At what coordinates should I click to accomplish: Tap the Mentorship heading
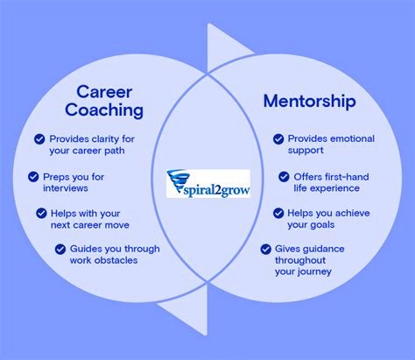pyautogui.click(x=309, y=101)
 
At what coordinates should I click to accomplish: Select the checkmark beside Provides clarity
pyautogui.click(x=39, y=138)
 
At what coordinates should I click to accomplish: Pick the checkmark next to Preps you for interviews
pyautogui.click(x=32, y=177)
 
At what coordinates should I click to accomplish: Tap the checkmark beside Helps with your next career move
pyautogui.click(x=41, y=213)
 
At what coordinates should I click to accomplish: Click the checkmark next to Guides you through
pyautogui.click(x=60, y=249)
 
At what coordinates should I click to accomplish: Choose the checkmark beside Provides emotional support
pyautogui.click(x=278, y=138)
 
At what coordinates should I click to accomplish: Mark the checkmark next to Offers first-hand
pyautogui.click(x=285, y=176)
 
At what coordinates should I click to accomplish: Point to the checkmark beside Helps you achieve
pyautogui.click(x=278, y=213)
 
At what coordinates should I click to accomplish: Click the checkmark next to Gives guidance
pyautogui.click(x=265, y=249)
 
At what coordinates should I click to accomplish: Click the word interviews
pyautogui.click(x=67, y=188)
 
